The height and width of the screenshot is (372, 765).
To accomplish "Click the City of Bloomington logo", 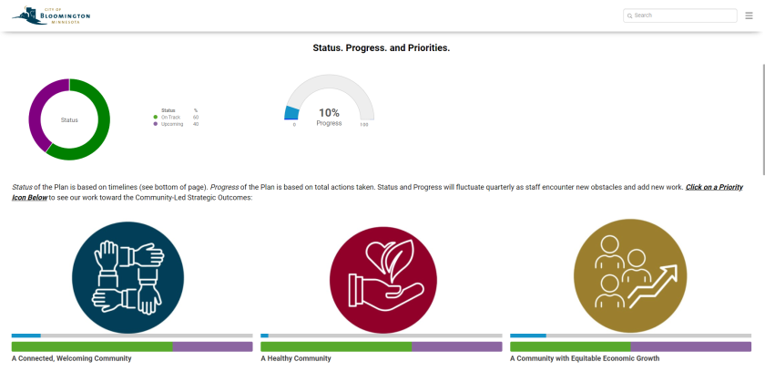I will [x=52, y=15].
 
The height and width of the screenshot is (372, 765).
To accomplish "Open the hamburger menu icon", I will [x=749, y=15].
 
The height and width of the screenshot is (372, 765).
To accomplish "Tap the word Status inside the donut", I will [x=69, y=119].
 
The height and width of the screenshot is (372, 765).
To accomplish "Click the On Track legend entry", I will [x=170, y=117].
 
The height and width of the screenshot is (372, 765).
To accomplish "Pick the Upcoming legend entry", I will [x=171, y=124].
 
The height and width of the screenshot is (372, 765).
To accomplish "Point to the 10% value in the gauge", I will [x=329, y=112].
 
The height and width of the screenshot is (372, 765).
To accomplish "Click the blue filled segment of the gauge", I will [x=291, y=113].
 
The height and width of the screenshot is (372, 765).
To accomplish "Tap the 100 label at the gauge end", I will [x=364, y=125].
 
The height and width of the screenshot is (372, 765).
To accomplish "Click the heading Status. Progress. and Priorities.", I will [x=382, y=47].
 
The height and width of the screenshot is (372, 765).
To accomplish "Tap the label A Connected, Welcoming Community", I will [x=71, y=358].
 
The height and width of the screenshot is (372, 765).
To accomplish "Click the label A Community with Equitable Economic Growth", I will [x=584, y=358].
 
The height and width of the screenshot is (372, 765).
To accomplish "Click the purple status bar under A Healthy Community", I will [x=456, y=346].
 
